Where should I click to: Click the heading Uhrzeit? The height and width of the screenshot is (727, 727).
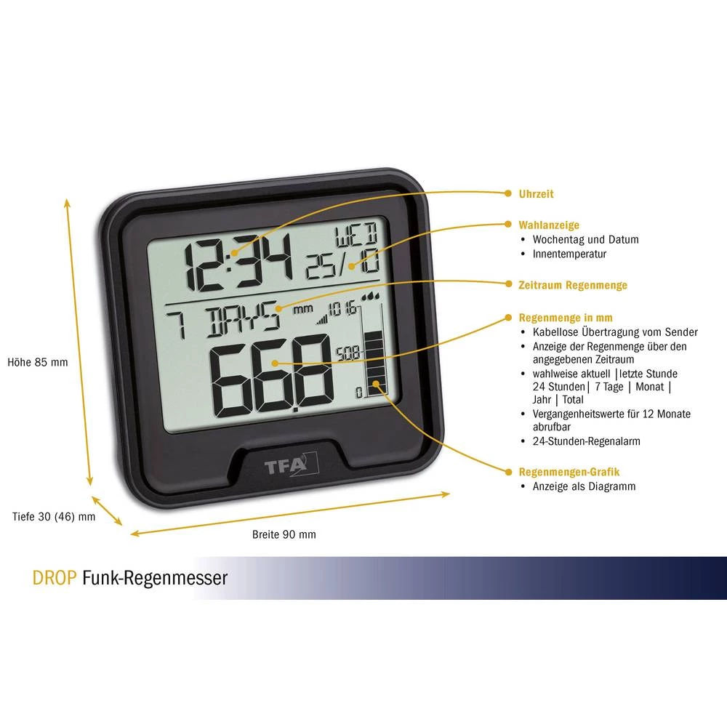(x=536, y=194)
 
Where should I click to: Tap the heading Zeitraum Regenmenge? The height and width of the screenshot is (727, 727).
(x=572, y=285)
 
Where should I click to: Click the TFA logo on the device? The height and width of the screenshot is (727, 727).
(x=284, y=462)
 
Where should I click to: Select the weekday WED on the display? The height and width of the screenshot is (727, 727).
(x=356, y=236)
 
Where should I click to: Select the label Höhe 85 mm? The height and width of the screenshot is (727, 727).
(x=38, y=361)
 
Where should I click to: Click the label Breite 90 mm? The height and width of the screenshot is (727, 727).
(x=284, y=534)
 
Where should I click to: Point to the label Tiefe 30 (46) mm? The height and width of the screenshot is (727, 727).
(x=54, y=517)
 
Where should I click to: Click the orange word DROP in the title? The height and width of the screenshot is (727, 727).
(x=55, y=578)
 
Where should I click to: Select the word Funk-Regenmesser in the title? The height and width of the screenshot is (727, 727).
(x=155, y=578)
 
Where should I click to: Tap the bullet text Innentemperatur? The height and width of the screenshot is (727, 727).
(x=569, y=254)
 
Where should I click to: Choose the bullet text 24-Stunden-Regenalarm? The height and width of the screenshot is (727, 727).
(x=586, y=441)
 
